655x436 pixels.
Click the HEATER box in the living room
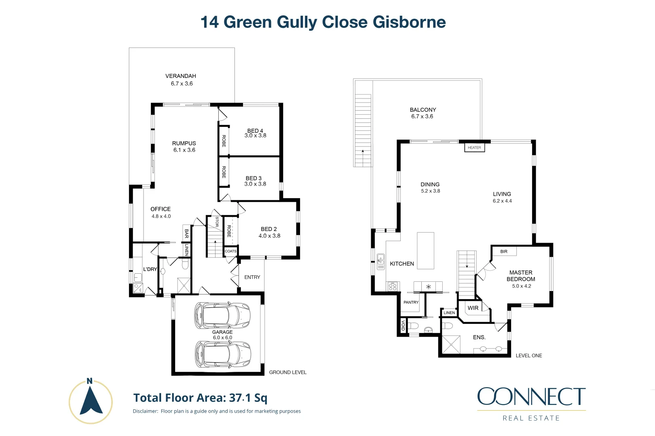(x=474, y=148)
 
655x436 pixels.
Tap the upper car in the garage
(x=222, y=315)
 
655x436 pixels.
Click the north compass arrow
(x=91, y=401)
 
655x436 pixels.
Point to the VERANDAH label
(x=181, y=76)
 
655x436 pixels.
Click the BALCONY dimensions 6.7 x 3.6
(x=422, y=116)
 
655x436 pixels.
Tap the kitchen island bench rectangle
(x=425, y=250)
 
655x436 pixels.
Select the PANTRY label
(x=411, y=302)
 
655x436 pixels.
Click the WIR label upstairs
(x=473, y=308)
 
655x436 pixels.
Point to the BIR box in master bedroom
(x=504, y=252)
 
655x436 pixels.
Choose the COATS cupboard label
(x=230, y=251)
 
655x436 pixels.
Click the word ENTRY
(x=252, y=277)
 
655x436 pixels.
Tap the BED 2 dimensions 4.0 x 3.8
(x=269, y=236)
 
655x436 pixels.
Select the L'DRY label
(x=150, y=269)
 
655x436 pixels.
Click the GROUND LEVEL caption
(x=288, y=372)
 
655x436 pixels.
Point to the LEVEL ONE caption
(x=529, y=356)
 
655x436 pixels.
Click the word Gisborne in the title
(x=409, y=22)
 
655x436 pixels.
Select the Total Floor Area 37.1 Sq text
(x=201, y=398)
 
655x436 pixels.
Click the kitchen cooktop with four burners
(x=392, y=287)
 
